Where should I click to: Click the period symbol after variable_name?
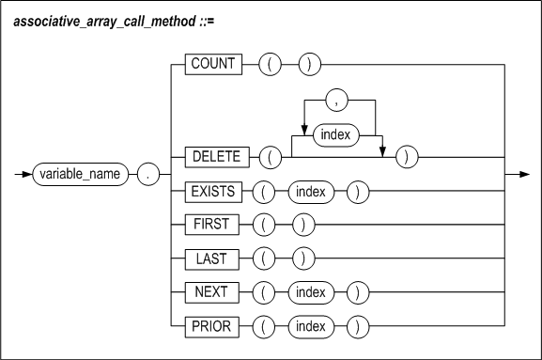[147, 174]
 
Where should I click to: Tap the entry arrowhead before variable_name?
[26, 174]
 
